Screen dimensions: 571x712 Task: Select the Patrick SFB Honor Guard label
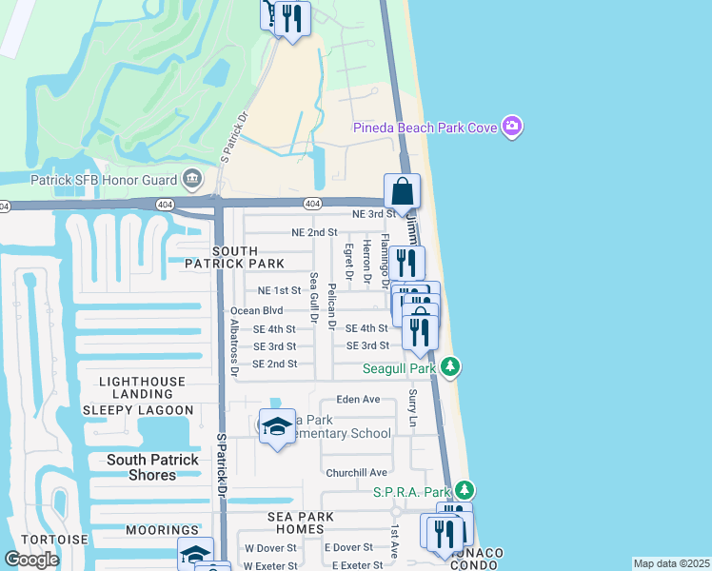[x=105, y=179]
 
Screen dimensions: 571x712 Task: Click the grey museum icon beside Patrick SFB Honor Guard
[x=192, y=179]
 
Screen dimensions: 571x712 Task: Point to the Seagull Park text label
[x=399, y=367]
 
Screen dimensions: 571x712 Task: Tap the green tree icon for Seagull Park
[x=451, y=366]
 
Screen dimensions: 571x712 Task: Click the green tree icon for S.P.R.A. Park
[x=464, y=490]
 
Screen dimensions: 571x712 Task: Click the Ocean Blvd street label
[x=257, y=310]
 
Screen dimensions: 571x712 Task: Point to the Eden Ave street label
[x=358, y=400]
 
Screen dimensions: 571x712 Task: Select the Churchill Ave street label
[x=356, y=472]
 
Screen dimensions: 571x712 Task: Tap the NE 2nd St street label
[x=314, y=232]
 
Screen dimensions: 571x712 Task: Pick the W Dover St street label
[x=270, y=548]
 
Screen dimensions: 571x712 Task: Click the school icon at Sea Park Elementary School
[x=276, y=426]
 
